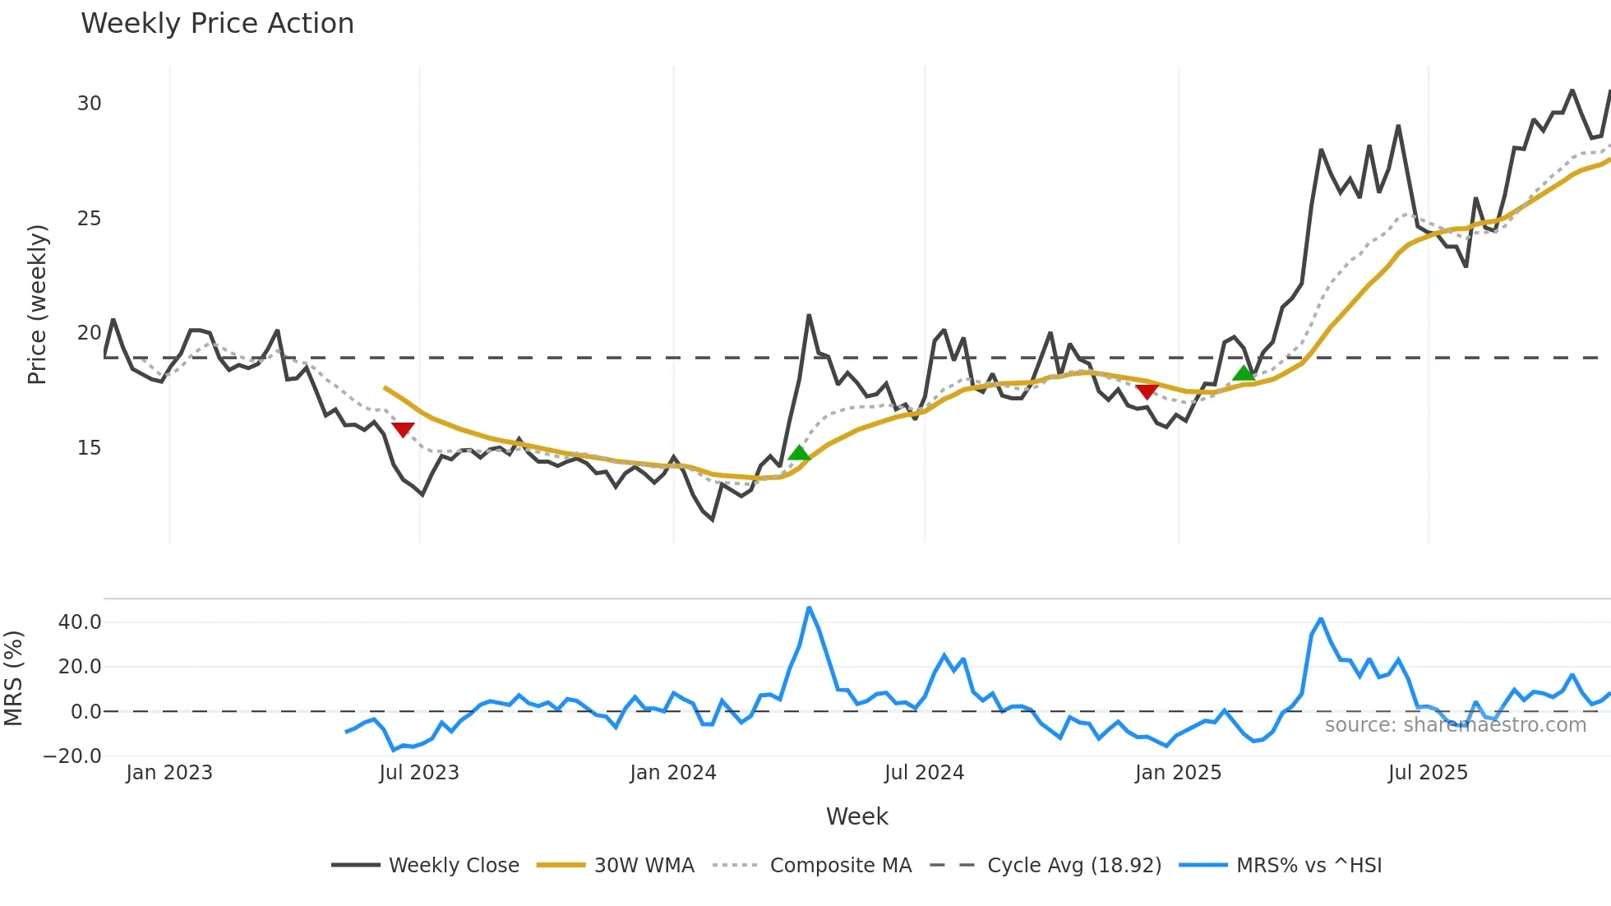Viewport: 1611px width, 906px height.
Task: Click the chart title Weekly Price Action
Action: [217, 24]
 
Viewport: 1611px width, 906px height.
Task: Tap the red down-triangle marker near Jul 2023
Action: [403, 429]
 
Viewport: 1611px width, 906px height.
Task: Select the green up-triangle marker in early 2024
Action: [799, 453]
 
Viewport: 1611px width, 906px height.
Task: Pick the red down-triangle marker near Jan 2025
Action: [1147, 391]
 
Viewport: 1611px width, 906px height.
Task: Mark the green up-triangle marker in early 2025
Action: [1244, 373]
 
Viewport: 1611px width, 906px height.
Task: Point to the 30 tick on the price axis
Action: [89, 104]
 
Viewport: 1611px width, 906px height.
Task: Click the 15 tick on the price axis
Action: [89, 448]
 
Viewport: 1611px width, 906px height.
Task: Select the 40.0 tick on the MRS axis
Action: [80, 622]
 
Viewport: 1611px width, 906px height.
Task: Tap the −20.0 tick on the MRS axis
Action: [73, 756]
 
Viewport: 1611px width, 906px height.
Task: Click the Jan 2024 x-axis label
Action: [673, 773]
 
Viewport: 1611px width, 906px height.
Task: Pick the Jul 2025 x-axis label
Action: [1428, 773]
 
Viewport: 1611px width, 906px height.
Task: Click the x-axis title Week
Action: [856, 816]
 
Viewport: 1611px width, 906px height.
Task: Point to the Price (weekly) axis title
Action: [38, 304]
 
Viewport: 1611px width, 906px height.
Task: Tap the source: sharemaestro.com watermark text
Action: [1455, 725]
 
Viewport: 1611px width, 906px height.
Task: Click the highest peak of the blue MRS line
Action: [810, 608]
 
